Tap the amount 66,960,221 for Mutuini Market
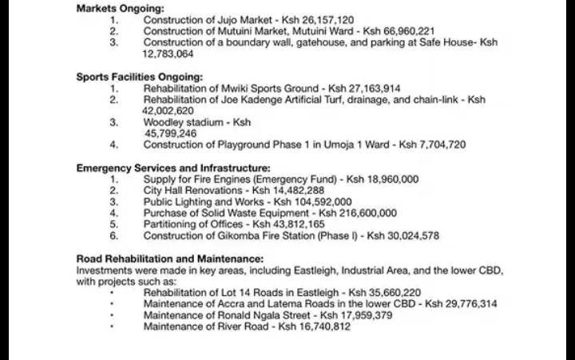click(403, 30)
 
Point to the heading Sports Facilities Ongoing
click(140, 77)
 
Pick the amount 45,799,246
click(170, 133)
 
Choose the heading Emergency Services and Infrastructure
click(173, 168)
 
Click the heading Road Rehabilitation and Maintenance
click(169, 259)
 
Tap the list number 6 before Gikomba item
click(114, 236)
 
